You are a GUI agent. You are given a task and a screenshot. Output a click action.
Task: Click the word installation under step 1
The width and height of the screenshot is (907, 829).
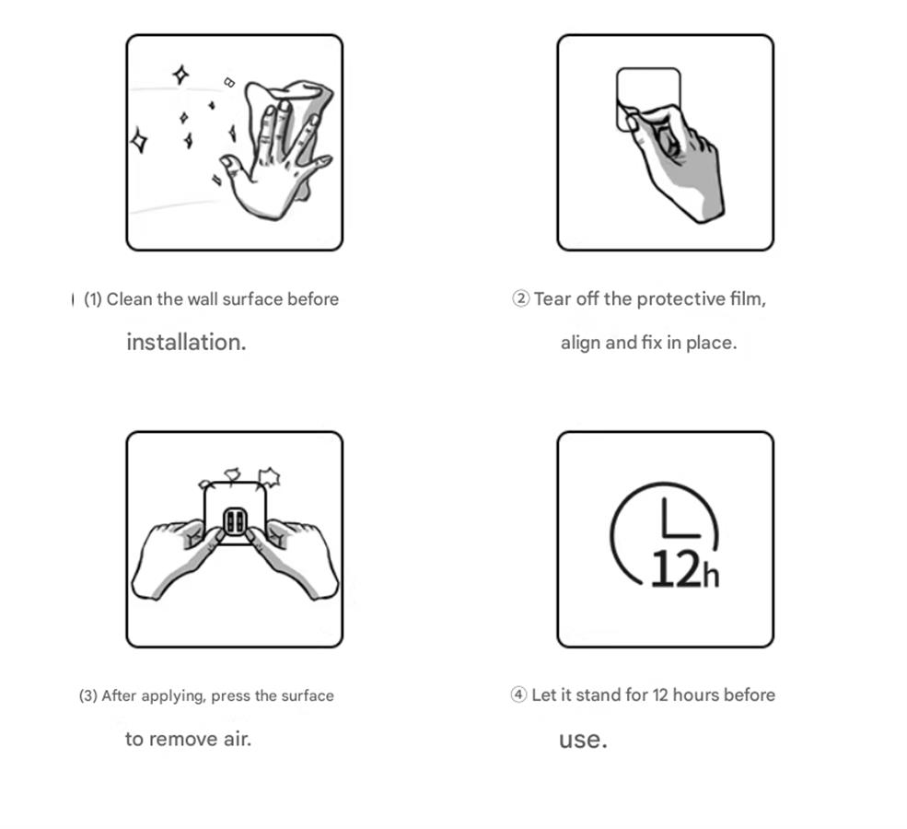(x=186, y=342)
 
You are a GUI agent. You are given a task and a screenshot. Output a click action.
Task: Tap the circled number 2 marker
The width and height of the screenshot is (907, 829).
(x=520, y=298)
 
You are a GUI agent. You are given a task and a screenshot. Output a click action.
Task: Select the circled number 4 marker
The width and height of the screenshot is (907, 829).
(x=518, y=695)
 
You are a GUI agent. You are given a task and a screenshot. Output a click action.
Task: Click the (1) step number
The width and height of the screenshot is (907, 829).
(x=93, y=299)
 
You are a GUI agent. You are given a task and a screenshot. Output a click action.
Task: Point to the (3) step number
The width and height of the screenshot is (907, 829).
(x=87, y=695)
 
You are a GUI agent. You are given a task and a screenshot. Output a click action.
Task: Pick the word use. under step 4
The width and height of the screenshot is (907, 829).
(x=583, y=740)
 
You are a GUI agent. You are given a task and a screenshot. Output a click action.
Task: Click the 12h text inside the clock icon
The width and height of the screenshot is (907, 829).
(x=685, y=569)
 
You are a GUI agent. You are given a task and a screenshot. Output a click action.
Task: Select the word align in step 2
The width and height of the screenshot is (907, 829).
(x=581, y=343)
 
